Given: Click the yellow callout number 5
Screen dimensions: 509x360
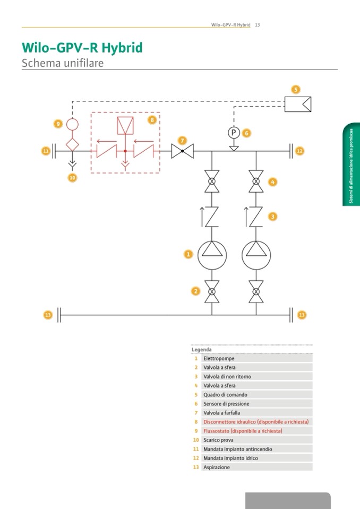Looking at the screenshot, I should (x=296, y=89).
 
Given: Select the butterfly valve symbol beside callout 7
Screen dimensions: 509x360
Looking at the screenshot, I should (x=182, y=151).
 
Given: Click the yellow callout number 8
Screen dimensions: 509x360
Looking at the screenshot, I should (x=152, y=120).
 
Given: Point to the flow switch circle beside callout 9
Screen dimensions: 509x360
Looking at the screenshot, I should (x=72, y=124).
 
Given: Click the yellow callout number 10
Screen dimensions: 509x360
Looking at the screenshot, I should (x=73, y=178).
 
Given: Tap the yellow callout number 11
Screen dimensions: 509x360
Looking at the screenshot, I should (x=46, y=151).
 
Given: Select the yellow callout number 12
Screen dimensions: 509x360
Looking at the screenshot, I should (x=299, y=151).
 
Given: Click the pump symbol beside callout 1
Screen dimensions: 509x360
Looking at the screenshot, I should (x=212, y=255).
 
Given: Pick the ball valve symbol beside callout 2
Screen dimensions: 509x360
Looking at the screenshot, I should (x=212, y=291).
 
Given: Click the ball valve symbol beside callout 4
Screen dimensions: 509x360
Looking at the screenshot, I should (x=256, y=182).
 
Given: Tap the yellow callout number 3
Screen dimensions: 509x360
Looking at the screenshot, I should (x=272, y=217).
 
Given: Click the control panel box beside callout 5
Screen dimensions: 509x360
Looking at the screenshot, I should (x=298, y=103).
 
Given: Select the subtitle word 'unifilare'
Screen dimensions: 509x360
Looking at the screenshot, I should (x=80, y=63).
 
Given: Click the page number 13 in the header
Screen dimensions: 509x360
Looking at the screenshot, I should (x=257, y=24).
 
